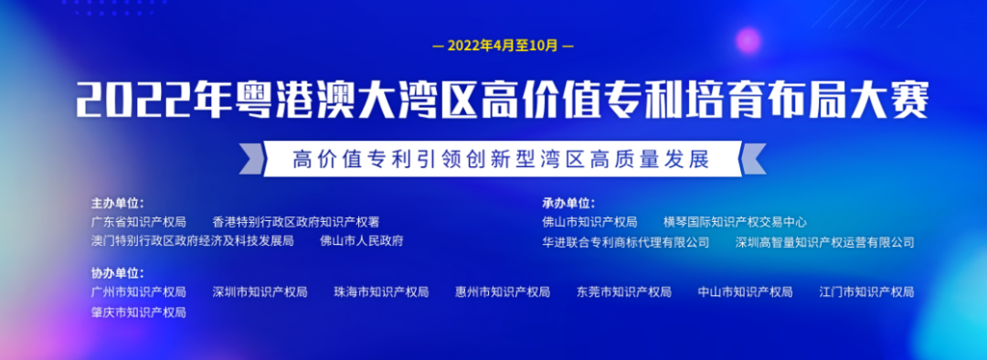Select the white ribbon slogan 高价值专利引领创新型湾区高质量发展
click(x=502, y=158)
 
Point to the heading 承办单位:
click(x=568, y=203)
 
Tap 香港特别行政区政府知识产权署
click(x=295, y=222)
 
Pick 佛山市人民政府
click(x=361, y=241)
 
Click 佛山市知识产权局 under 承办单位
click(x=589, y=222)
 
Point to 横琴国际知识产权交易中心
click(x=736, y=222)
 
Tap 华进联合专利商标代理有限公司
click(x=625, y=242)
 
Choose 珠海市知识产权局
click(x=381, y=292)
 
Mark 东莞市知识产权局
click(x=624, y=292)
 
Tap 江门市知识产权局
click(x=866, y=292)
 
